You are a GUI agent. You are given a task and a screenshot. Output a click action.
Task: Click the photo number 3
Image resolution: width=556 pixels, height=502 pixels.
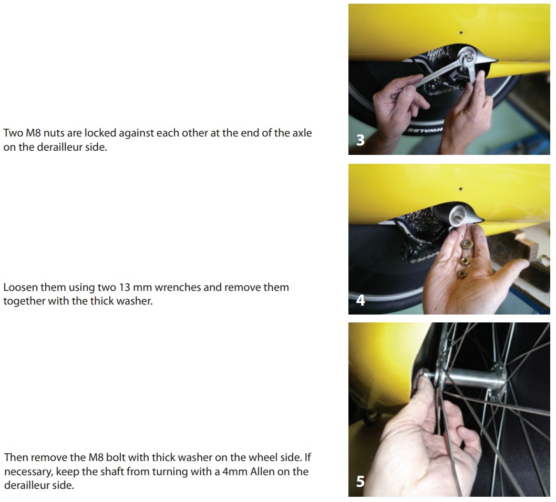click(361, 140)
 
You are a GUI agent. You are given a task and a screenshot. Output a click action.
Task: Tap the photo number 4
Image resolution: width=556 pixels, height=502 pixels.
click(361, 300)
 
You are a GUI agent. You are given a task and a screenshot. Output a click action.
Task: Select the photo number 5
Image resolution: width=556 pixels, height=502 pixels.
click(361, 482)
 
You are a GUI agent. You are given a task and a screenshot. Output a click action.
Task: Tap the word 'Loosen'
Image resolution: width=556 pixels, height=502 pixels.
click(20, 287)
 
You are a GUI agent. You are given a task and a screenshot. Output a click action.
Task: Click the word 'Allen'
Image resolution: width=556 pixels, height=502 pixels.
click(262, 472)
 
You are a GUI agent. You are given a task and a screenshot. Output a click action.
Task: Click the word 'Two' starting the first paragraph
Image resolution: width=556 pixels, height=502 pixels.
click(13, 133)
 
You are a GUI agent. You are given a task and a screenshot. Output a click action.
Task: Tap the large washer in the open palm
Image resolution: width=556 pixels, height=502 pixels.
click(467, 244)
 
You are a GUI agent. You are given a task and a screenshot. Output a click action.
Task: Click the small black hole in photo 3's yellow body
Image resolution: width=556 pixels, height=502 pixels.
click(460, 33)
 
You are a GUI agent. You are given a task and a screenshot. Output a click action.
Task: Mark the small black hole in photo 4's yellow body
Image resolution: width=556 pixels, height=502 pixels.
click(460, 189)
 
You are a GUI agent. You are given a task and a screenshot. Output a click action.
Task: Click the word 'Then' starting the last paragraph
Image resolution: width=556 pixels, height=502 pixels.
click(16, 457)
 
